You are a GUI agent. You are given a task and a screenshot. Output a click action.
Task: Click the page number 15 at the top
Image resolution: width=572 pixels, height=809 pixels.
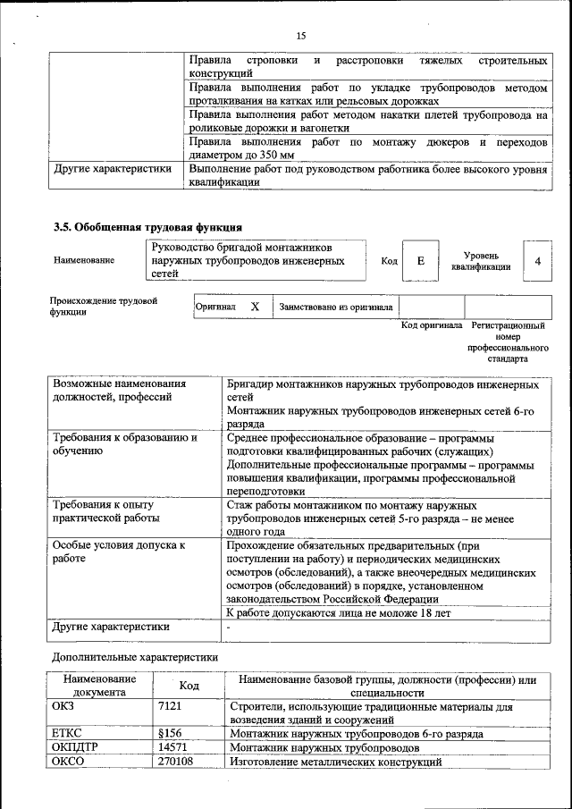point(300,36)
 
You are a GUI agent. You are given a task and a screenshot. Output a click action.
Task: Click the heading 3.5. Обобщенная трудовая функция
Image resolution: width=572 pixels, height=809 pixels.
point(147,227)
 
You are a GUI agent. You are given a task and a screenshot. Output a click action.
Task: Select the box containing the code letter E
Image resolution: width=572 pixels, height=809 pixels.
point(420,261)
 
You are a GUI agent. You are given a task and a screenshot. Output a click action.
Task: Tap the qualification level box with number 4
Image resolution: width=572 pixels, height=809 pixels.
point(537,261)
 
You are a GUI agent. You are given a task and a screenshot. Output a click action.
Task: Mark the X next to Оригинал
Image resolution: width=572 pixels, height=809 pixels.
point(255,307)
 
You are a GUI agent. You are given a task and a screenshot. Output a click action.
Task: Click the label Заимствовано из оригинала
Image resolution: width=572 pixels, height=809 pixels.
point(336,308)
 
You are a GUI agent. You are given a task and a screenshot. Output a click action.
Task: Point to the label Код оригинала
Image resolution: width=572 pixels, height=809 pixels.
point(432,326)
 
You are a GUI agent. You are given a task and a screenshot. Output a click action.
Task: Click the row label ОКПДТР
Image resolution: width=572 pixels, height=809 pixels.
point(77,746)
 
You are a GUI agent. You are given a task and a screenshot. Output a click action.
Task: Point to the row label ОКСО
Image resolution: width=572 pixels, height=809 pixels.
point(70,762)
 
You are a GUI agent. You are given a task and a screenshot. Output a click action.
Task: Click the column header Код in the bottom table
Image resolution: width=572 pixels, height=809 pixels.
point(189,686)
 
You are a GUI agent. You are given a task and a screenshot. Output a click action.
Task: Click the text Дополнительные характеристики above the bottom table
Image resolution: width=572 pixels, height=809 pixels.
point(135,656)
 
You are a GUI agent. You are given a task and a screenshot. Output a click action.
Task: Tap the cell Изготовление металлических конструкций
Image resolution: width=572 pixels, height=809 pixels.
point(336,762)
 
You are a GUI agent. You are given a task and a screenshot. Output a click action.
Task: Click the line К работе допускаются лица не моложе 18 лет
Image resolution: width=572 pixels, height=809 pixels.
point(339,613)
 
